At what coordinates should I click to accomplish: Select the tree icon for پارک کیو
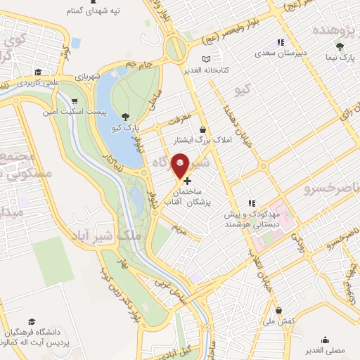pyautogui.click(x=125, y=117)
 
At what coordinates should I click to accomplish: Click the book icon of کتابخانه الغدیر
pyautogui.click(x=206, y=59)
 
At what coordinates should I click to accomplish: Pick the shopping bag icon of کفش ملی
pyautogui.click(x=280, y=309)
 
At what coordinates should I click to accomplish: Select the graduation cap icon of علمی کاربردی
pyautogui.click(x=37, y=72)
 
